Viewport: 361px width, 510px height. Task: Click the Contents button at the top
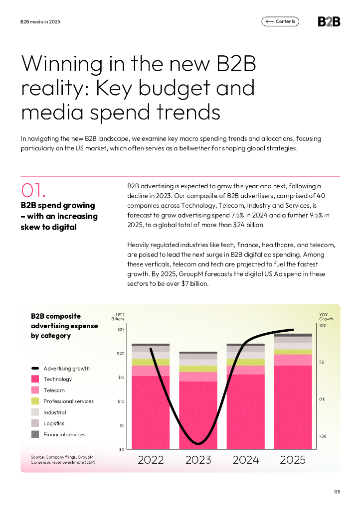click(x=280, y=21)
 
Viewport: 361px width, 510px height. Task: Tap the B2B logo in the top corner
click(x=329, y=21)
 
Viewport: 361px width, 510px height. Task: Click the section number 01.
click(x=34, y=191)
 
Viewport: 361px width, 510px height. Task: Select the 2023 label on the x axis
click(x=198, y=460)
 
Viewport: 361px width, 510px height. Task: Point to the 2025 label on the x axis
click(x=293, y=460)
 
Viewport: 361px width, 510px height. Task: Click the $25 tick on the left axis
click(x=121, y=329)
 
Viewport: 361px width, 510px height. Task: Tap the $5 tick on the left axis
click(x=122, y=425)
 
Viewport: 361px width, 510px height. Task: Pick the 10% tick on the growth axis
click(x=323, y=326)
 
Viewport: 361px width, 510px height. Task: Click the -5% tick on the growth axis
click(x=323, y=436)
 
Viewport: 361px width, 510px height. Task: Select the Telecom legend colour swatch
click(x=35, y=390)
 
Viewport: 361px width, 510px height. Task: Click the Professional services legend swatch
click(x=35, y=401)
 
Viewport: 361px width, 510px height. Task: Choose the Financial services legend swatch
click(x=35, y=434)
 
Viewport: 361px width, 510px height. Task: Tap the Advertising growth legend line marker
click(x=35, y=369)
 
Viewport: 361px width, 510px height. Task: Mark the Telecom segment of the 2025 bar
click(x=293, y=360)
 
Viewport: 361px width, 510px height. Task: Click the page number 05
click(x=337, y=492)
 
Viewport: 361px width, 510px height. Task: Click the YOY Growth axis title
click(x=326, y=317)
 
